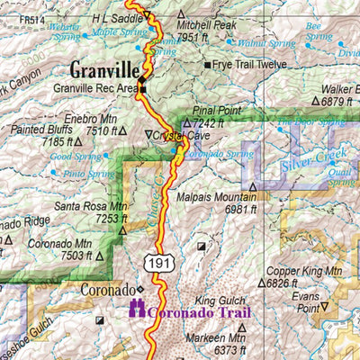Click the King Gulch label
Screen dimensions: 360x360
(x=219, y=300)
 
